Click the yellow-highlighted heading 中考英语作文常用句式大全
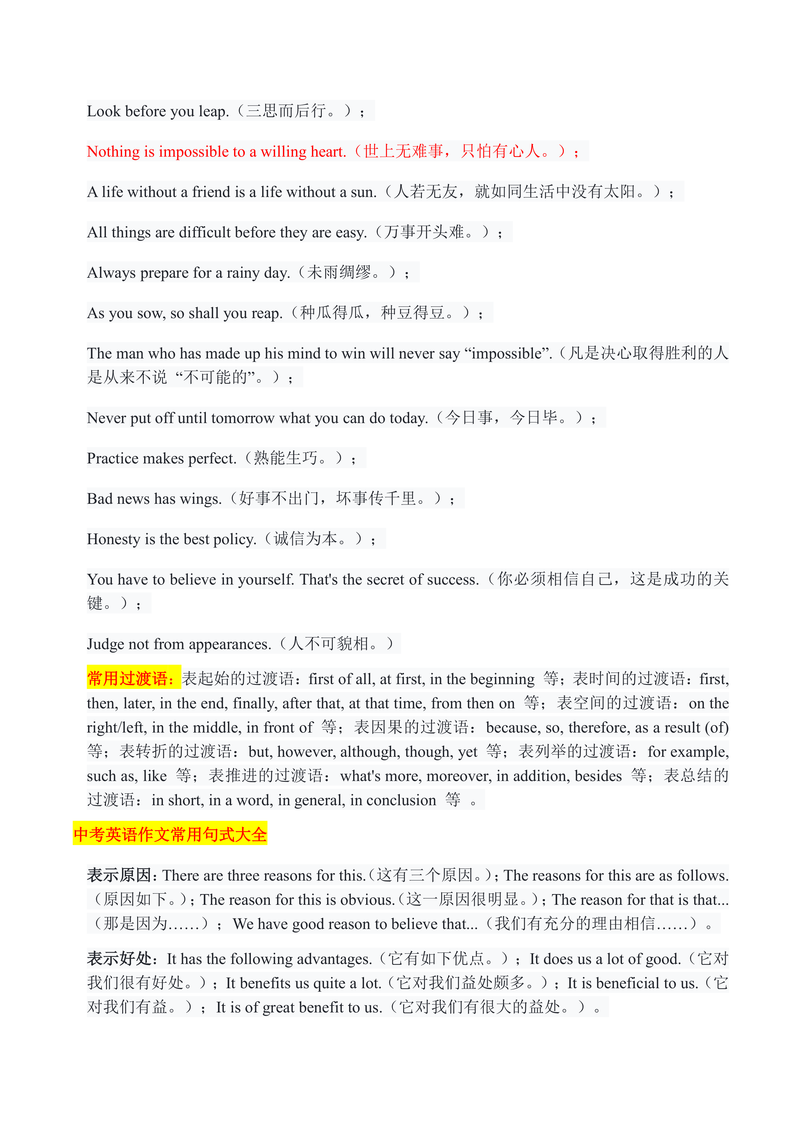coord(170,835)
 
